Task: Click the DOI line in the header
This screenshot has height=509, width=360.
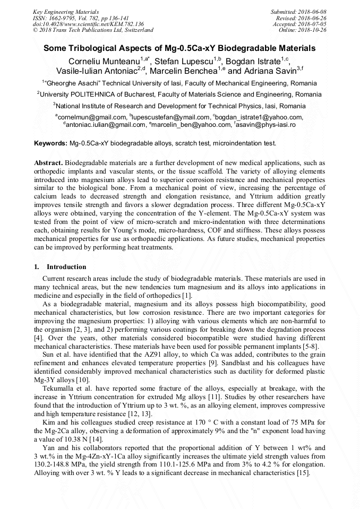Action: pos(88,24)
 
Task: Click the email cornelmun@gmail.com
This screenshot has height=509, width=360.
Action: pos(91,117)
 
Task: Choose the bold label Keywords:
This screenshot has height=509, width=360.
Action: pos(50,143)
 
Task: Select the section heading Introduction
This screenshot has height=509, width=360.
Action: pos(66,266)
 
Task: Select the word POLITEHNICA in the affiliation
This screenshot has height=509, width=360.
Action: pos(91,94)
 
